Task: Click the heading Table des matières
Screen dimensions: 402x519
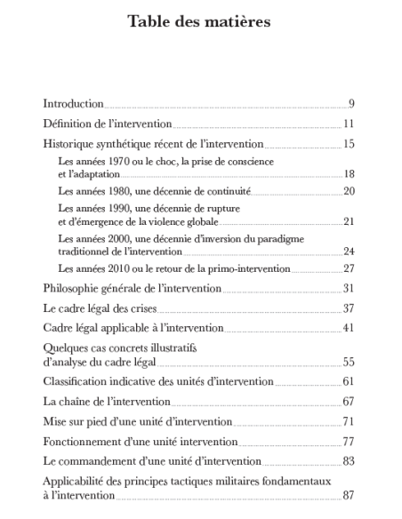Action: pyautogui.click(x=200, y=20)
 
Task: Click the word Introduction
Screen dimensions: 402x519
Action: pyautogui.click(x=74, y=104)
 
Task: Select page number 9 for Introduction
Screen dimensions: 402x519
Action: pyautogui.click(x=352, y=104)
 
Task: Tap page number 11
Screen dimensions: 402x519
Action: pyautogui.click(x=350, y=124)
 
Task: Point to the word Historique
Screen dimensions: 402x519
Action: pyautogui.click(x=70, y=144)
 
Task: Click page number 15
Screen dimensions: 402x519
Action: pyautogui.click(x=350, y=144)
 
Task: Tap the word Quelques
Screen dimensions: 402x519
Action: pyautogui.click(x=66, y=348)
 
